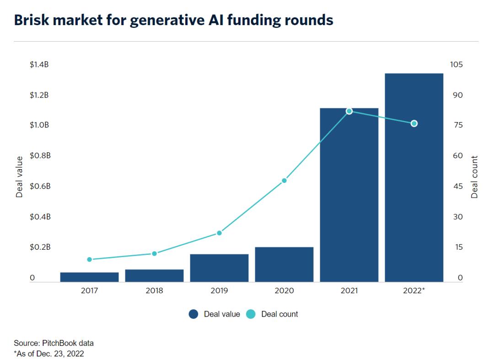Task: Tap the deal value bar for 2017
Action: (89, 277)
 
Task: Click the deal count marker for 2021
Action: (349, 111)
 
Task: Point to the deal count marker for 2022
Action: (414, 124)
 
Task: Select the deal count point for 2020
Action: (284, 181)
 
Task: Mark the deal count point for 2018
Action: (154, 253)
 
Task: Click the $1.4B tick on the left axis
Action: (39, 64)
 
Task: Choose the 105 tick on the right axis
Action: (456, 64)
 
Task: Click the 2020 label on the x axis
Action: (284, 290)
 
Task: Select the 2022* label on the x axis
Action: (414, 290)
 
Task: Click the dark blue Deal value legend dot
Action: (193, 314)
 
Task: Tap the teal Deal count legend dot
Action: (251, 314)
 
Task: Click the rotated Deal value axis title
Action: (19, 177)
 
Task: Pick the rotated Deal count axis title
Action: (474, 177)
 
